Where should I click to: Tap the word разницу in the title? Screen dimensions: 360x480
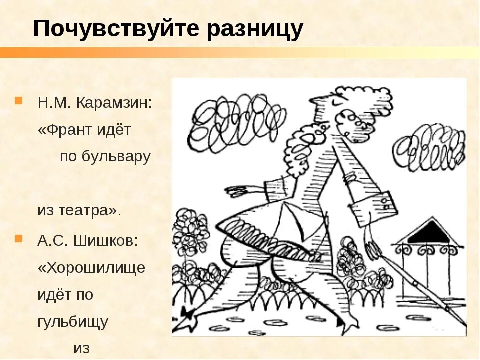pyautogui.click(x=255, y=29)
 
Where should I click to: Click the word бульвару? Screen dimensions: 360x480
pyautogui.click(x=117, y=157)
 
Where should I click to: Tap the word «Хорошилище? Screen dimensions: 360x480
pyautogui.click(x=92, y=268)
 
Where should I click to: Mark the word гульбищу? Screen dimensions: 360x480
pyautogui.click(x=73, y=322)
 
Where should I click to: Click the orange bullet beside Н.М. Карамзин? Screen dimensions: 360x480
pyautogui.click(x=19, y=101)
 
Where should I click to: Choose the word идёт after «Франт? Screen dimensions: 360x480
pyautogui.click(x=117, y=130)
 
